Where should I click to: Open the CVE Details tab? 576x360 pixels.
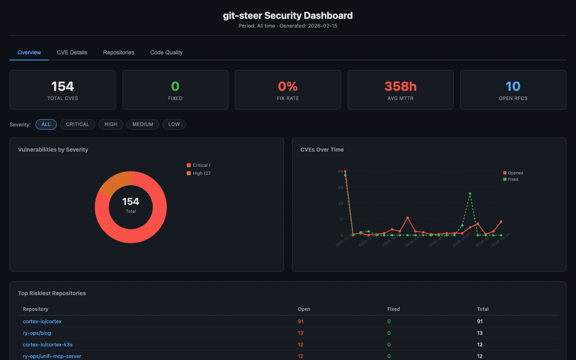coord(71,52)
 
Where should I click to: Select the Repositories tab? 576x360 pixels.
coord(118,52)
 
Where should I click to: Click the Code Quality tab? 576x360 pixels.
coord(166,52)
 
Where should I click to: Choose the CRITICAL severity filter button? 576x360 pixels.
coord(77,124)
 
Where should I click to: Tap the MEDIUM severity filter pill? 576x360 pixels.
coord(142,124)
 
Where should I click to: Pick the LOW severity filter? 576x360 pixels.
coord(174,124)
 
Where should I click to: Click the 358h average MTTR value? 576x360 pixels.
coord(400,86)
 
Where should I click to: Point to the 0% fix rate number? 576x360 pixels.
coord(287,86)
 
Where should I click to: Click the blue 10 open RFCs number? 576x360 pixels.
coord(512,86)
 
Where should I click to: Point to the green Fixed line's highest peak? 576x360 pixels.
coord(470,193)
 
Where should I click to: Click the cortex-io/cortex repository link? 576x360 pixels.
coord(42,322)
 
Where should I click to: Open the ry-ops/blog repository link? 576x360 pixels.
coord(37,333)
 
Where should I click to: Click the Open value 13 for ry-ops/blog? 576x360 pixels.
coord(300,333)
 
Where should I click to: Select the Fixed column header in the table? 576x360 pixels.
coord(393,309)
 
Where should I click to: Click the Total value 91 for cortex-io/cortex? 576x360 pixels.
coord(480,322)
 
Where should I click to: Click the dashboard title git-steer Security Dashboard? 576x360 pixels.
coord(287,15)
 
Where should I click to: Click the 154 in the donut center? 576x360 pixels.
coord(130,201)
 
